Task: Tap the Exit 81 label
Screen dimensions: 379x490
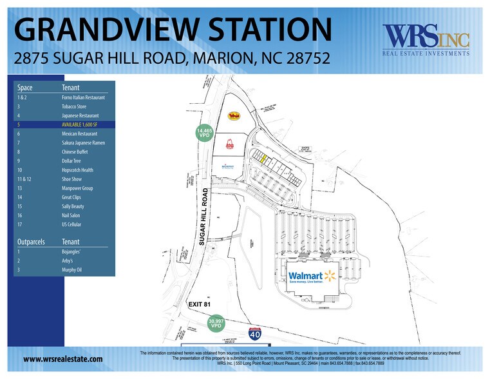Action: (199, 304)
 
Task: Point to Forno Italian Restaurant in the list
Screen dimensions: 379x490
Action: (83, 97)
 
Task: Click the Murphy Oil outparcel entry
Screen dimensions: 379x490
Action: (72, 269)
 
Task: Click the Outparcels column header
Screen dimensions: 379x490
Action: (31, 241)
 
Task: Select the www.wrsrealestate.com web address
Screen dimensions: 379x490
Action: (63, 359)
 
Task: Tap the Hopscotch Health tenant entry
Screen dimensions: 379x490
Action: (78, 170)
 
